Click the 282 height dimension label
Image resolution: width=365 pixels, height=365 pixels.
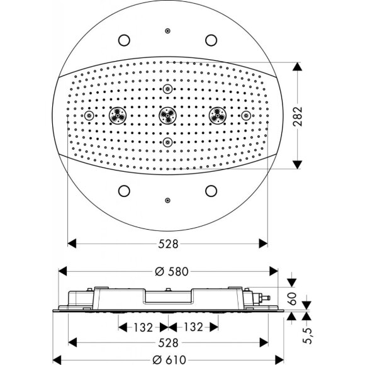tap(298, 116)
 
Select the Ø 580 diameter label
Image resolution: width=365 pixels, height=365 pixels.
tap(172, 271)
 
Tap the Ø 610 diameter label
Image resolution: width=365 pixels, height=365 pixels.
tap(169, 359)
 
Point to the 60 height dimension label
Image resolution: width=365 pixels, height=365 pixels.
tap(292, 298)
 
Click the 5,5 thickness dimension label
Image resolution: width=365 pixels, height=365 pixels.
tap(308, 335)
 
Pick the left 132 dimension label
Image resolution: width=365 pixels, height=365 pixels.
tap(143, 327)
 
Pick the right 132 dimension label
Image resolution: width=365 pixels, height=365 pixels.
tap(193, 327)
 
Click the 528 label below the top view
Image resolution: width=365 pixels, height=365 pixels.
tap(168, 244)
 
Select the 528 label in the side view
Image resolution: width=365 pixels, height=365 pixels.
tap(168, 342)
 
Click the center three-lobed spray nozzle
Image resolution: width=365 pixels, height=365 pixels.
tap(167, 115)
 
